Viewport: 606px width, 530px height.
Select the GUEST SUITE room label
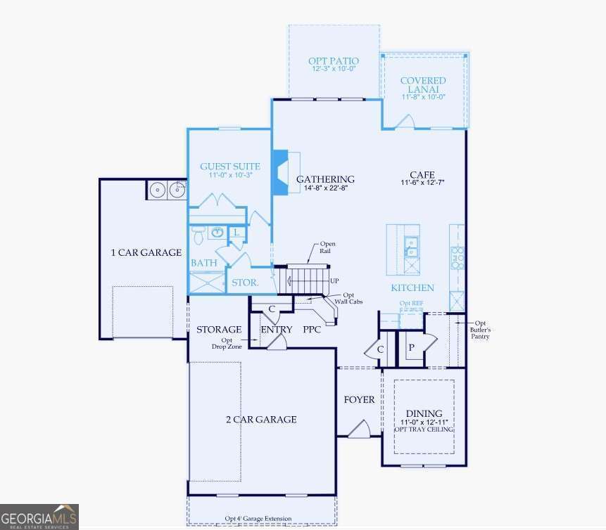[x=230, y=167]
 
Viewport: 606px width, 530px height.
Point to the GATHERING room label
[x=324, y=179]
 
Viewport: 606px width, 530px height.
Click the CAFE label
[x=422, y=174]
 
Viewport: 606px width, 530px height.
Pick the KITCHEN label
[x=412, y=287]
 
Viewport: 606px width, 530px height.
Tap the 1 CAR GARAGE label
[x=146, y=252]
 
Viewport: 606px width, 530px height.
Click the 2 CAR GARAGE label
[x=261, y=420]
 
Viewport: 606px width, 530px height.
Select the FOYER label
[x=359, y=400]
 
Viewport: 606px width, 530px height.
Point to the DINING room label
[x=424, y=413]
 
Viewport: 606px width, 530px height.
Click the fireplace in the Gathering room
[x=280, y=172]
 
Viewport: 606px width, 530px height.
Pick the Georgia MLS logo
[x=39, y=517]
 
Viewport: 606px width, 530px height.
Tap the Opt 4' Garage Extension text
[x=258, y=519]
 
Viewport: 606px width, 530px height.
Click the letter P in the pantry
[x=411, y=348]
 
